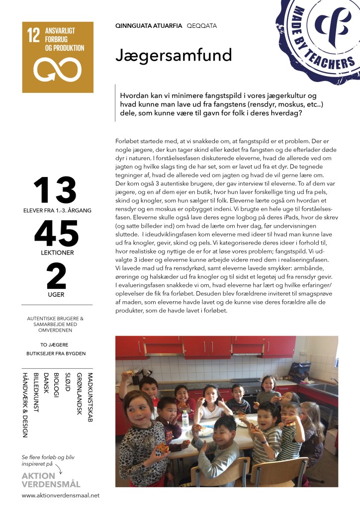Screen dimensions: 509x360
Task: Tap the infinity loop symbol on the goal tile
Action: [x=57, y=70]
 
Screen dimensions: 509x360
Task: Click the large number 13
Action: [x=55, y=190]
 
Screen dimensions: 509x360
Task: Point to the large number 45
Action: [x=56, y=233]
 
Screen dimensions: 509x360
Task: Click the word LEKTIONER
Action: [x=57, y=253]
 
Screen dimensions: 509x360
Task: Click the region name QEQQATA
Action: [x=202, y=25]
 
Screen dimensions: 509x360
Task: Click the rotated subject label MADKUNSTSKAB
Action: [x=90, y=398]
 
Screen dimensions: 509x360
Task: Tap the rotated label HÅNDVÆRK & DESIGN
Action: [x=24, y=405]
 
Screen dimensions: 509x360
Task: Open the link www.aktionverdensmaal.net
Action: [x=61, y=495]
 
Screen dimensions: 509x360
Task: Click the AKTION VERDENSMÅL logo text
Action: [x=51, y=480]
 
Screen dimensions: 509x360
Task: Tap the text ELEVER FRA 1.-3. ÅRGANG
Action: [x=57, y=210]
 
